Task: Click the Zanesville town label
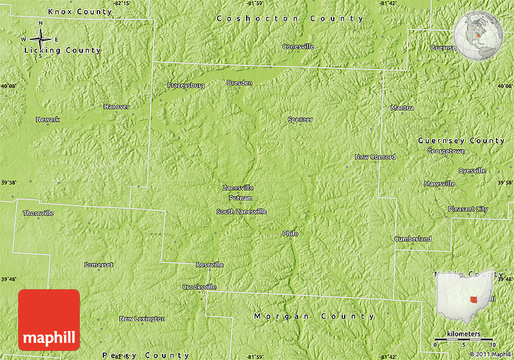point(238,188)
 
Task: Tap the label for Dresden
point(239,83)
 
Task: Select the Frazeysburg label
point(186,86)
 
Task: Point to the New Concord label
point(375,157)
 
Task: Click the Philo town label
point(290,234)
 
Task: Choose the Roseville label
point(209,265)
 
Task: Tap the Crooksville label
point(199,287)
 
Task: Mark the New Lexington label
point(142,319)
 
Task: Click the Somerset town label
point(99,265)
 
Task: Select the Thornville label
point(38,214)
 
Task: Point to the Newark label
point(48,120)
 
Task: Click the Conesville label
point(298,47)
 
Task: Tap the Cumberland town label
point(413,239)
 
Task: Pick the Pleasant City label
point(467,209)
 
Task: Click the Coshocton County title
point(290,19)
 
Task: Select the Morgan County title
point(314,316)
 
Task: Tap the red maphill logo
point(49,320)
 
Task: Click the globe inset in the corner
point(478,36)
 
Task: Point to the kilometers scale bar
point(464,341)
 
